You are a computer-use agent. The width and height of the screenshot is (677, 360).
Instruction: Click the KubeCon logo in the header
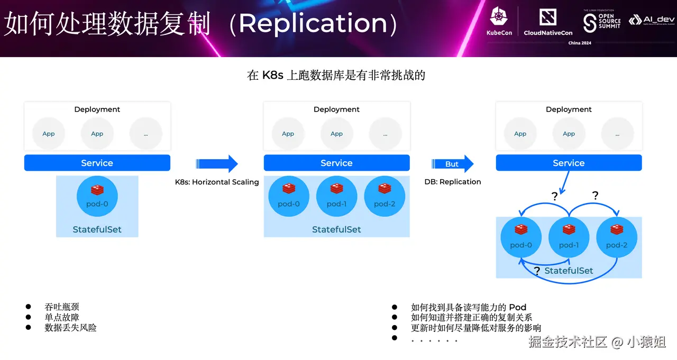tap(499, 22)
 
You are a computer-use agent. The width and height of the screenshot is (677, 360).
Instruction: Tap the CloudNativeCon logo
tap(548, 22)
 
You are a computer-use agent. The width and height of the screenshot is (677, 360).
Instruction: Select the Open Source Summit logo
tap(601, 21)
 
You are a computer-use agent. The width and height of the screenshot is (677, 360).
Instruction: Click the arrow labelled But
tap(453, 164)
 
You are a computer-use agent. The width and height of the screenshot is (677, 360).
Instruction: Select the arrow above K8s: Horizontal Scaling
tap(217, 164)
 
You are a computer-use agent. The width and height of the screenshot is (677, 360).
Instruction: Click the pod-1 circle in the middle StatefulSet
tap(336, 197)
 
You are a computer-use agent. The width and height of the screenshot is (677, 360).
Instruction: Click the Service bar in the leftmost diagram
tap(97, 163)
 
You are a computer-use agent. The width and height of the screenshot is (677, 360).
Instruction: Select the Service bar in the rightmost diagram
tap(569, 163)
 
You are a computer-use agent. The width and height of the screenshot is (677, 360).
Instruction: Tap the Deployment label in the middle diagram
tap(336, 109)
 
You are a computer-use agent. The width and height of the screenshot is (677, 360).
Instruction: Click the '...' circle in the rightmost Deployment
tap(617, 134)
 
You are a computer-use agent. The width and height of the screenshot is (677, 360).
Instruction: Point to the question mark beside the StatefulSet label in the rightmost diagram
tap(537, 271)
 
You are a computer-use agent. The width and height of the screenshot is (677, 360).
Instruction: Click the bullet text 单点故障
tap(62, 317)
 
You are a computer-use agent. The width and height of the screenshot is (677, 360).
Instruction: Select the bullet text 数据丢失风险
tap(70, 328)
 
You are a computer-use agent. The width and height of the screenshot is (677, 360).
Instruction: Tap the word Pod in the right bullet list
tap(517, 308)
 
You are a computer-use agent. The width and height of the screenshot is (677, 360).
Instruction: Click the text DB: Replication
tap(453, 182)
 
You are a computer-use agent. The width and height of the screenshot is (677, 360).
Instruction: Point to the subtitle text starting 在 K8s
tap(336, 75)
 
